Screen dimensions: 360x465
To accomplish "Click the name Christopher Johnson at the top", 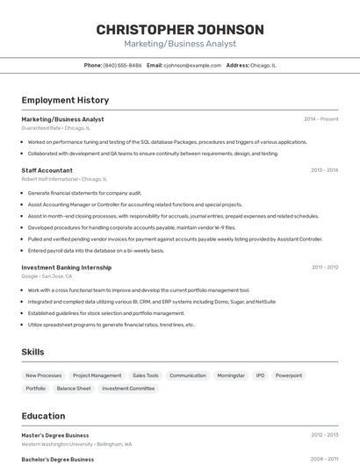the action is (180, 30).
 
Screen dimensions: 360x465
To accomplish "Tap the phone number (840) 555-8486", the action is (122, 65).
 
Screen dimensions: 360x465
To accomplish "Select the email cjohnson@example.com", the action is (192, 65).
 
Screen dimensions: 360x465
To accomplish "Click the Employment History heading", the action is (65, 100).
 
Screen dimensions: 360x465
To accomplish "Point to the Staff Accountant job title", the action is (47, 170).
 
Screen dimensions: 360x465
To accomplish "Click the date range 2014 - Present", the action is (320, 118).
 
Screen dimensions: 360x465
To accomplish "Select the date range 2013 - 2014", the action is (324, 170).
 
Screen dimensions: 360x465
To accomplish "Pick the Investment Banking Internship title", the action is (67, 267).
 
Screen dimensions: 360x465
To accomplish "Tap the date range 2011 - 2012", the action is (324, 267).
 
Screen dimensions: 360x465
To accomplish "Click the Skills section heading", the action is (33, 352).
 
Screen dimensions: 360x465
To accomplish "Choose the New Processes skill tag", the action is (44, 376).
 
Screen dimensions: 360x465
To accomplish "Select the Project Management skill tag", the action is (97, 376).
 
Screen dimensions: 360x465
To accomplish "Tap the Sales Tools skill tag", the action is (145, 376).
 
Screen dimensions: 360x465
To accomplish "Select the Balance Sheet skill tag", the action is (74, 388).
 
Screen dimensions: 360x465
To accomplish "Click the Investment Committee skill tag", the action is (128, 388).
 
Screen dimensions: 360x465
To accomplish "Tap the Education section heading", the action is (43, 416).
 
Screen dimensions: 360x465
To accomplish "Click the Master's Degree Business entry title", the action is (55, 435).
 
